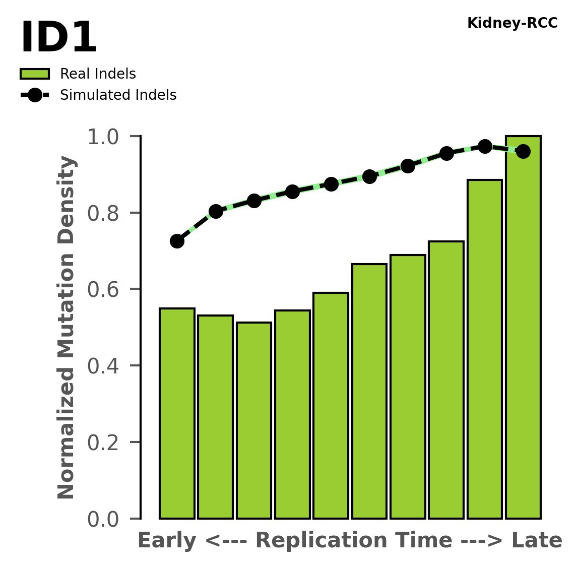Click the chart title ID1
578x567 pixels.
point(58,38)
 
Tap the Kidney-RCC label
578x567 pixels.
point(512,23)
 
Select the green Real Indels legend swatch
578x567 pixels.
point(35,74)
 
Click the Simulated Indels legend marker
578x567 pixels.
point(35,95)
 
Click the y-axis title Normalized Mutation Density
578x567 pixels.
point(67,328)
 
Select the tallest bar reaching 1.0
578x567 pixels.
point(523,328)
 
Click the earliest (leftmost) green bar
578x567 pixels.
point(177,413)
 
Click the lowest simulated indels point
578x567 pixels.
point(177,241)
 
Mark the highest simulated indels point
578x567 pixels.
point(485,146)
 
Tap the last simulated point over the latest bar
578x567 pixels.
point(523,151)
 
